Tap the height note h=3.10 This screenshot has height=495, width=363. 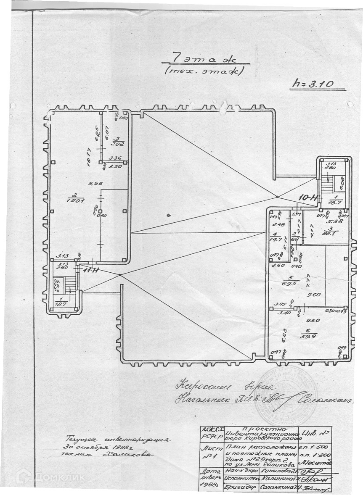coord(313,84)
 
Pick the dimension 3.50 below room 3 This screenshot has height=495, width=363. coord(114,167)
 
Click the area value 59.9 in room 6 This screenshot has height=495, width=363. coord(309,334)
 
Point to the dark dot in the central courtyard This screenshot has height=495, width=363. coord(169,216)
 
